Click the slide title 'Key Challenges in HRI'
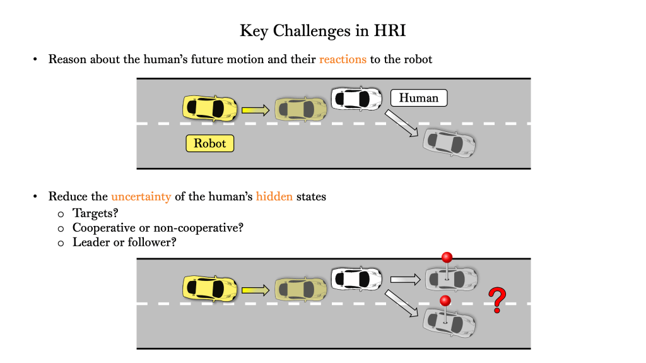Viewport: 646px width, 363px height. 322,30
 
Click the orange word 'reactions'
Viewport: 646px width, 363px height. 343,60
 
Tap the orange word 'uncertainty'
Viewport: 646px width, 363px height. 141,196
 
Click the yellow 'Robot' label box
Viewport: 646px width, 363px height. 210,143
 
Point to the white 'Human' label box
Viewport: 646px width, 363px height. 419,98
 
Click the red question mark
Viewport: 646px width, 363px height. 498,300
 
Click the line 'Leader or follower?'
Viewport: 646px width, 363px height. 124,242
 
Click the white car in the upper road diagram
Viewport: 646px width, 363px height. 357,98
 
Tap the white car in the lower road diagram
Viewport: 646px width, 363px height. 357,278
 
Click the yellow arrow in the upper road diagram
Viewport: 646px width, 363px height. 255,110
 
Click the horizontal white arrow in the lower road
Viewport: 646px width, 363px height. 406,278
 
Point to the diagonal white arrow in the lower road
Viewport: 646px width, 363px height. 402,302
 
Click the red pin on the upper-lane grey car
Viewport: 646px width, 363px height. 447,258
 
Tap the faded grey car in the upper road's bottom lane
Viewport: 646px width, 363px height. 450,143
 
